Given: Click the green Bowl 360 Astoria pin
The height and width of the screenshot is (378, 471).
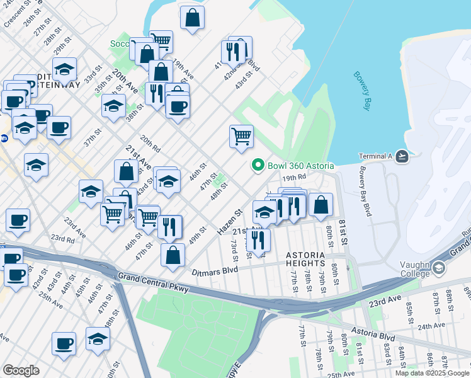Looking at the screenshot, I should tap(258, 166).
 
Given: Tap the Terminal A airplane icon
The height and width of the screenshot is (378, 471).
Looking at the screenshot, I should tap(402, 156).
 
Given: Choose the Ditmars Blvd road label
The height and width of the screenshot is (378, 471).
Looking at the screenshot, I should tap(215, 271).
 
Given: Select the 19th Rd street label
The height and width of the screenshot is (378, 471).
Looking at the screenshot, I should tap(293, 178).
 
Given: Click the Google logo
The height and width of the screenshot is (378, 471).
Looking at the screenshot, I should tap(21, 370).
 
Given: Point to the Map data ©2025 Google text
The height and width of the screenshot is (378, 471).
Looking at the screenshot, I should tap(432, 373).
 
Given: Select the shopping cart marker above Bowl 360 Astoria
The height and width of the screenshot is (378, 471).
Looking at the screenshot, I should tap(242, 136).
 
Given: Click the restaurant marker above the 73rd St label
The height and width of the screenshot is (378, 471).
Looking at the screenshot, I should tap(258, 240).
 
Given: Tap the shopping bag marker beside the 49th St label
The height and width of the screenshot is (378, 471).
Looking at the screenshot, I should tap(173, 255).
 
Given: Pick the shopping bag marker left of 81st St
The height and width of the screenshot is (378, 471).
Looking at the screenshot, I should tap(321, 204).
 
